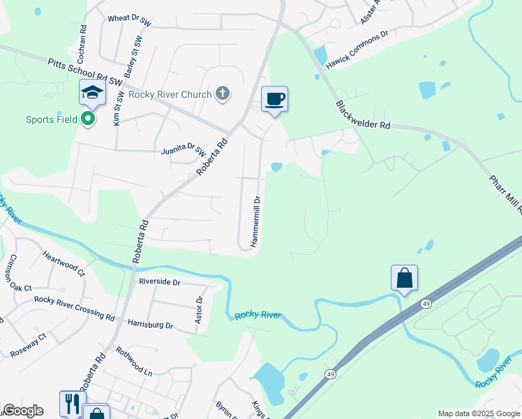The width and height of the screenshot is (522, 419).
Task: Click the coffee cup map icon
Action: click(x=274, y=99)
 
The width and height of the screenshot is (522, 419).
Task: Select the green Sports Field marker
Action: click(x=88, y=119)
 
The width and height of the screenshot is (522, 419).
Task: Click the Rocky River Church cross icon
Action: click(x=223, y=94)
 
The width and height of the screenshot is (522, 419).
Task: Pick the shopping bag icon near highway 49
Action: click(x=404, y=279)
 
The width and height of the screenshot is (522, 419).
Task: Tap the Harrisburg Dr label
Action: click(x=150, y=324)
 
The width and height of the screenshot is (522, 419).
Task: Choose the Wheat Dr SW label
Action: click(x=129, y=22)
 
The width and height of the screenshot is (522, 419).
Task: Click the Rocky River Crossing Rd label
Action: click(x=75, y=308)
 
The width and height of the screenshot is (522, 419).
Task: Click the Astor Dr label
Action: click(x=199, y=309)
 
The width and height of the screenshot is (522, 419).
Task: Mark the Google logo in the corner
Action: click(x=23, y=411)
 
